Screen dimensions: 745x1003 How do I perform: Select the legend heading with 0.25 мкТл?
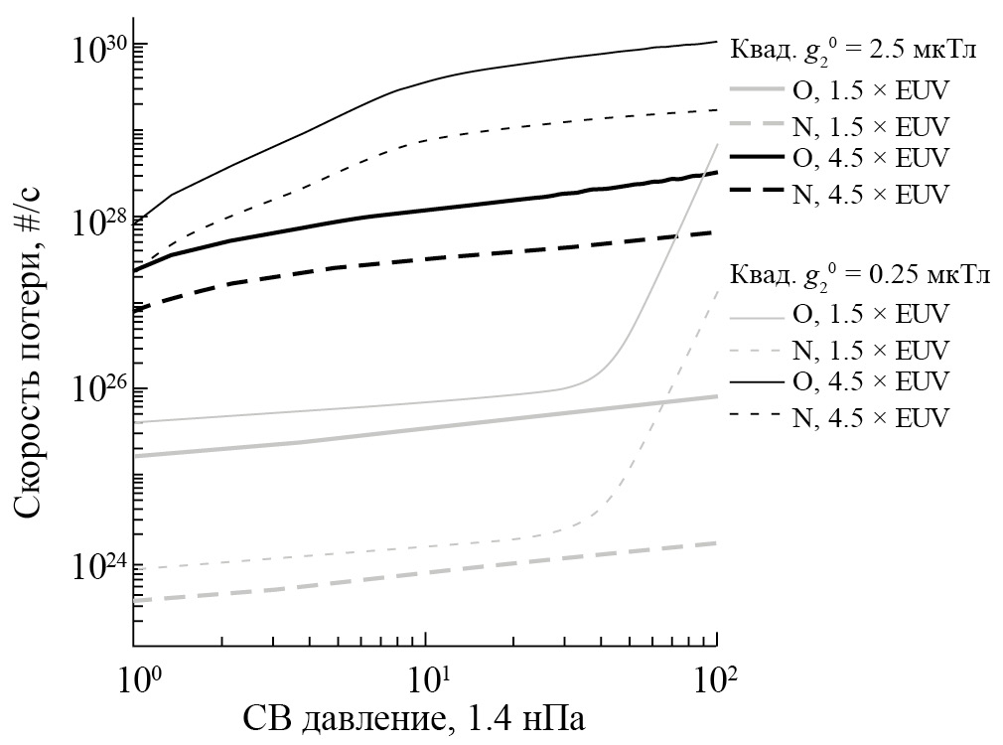pos(850,275)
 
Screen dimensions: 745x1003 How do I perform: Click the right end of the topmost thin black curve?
pos(716,42)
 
